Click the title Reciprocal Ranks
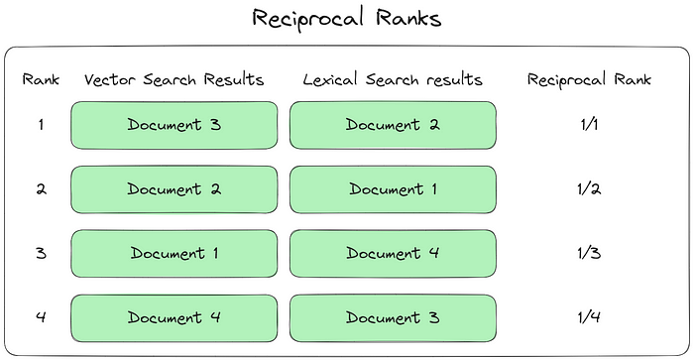pyautogui.click(x=346, y=18)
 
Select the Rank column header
pyautogui.click(x=40, y=79)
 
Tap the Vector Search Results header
pyautogui.click(x=173, y=79)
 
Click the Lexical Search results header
pyautogui.click(x=392, y=79)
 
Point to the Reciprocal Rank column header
pyautogui.click(x=589, y=79)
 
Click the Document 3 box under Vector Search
pyautogui.click(x=173, y=125)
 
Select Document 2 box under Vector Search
pyautogui.click(x=173, y=189)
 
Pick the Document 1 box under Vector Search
pyautogui.click(x=173, y=253)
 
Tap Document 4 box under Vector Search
pyautogui.click(x=173, y=317)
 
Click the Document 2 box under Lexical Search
pyautogui.click(x=393, y=125)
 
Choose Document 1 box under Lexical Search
pyautogui.click(x=393, y=189)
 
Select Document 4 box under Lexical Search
pyautogui.click(x=393, y=253)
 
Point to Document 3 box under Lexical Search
pyautogui.click(x=393, y=317)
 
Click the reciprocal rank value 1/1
pyautogui.click(x=589, y=125)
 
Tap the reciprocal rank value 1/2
pyautogui.click(x=589, y=189)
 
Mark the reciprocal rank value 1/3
pyautogui.click(x=589, y=253)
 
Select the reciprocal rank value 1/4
pyautogui.click(x=589, y=317)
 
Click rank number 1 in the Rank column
pyautogui.click(x=41, y=125)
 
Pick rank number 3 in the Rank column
pyautogui.click(x=41, y=253)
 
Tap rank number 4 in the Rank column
pyautogui.click(x=41, y=317)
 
